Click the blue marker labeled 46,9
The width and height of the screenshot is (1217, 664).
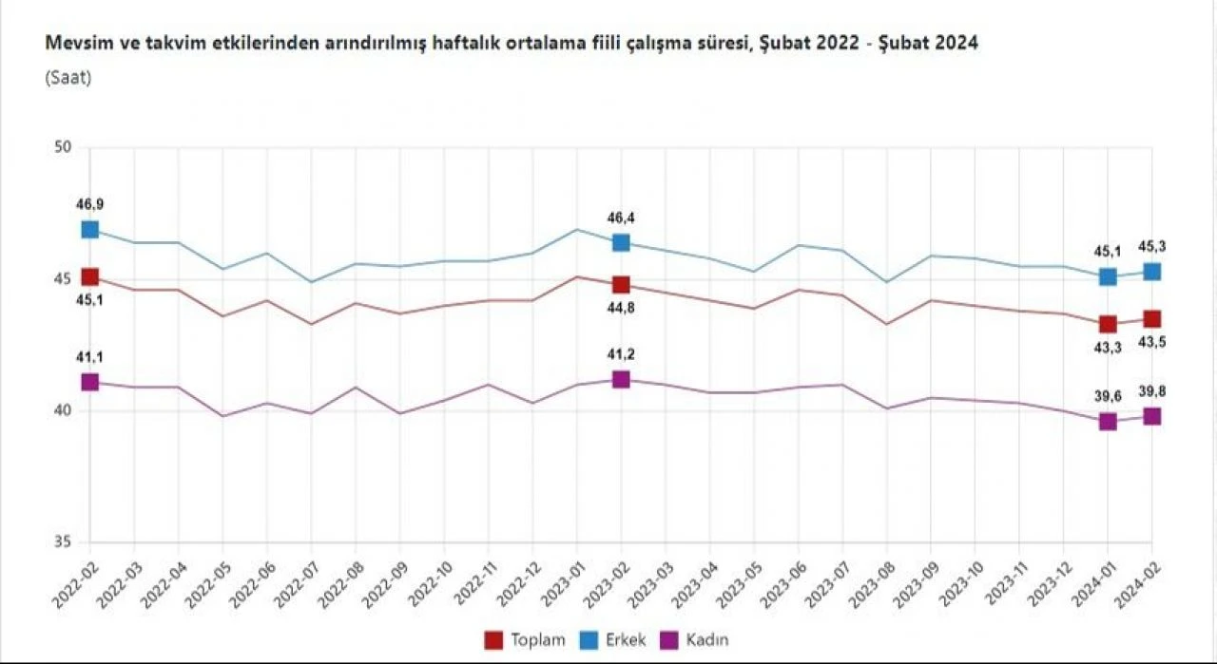(90, 229)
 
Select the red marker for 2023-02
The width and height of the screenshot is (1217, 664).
(621, 284)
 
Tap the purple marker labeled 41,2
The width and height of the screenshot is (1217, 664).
(621, 379)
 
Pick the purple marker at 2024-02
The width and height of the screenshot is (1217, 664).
(1151, 416)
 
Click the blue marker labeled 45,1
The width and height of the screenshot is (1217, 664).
(1108, 276)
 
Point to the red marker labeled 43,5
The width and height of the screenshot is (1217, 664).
(1151, 318)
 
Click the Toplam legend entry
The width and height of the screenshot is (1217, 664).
(526, 639)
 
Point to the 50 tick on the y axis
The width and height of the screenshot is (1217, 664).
(64, 147)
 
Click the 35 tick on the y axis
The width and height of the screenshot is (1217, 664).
(64, 542)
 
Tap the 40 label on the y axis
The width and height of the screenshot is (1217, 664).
(64, 410)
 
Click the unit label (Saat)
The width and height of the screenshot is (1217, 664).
(68, 78)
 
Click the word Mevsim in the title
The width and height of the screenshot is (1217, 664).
(72, 44)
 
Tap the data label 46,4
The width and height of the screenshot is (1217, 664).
(621, 218)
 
